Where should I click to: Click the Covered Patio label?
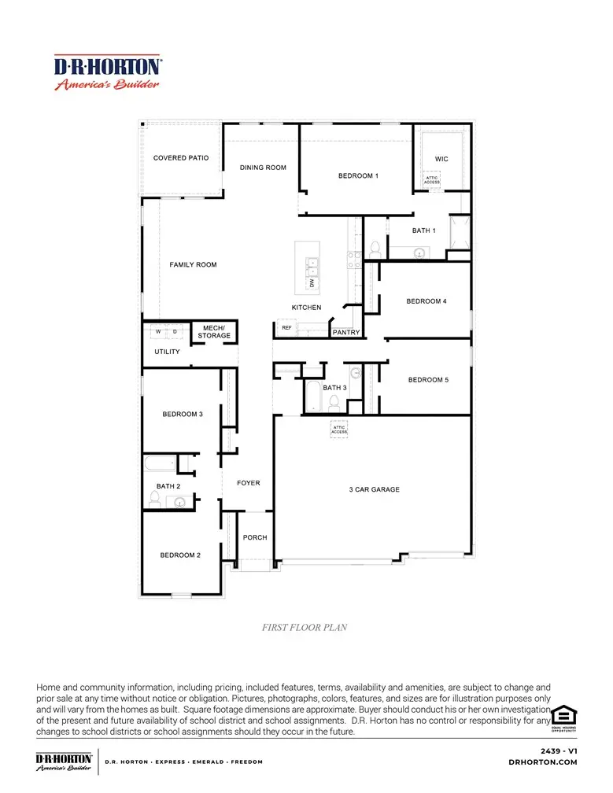click(x=181, y=158)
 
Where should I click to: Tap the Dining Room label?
click(x=263, y=168)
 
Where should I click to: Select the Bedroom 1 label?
click(x=358, y=176)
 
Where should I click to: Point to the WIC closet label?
click(x=441, y=159)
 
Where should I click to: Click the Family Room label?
click(x=193, y=265)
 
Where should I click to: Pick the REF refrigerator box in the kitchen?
click(x=286, y=327)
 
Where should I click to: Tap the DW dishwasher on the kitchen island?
click(x=312, y=282)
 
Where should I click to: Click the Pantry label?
click(x=346, y=333)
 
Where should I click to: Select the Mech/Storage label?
click(x=214, y=332)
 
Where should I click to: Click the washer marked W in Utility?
click(x=158, y=332)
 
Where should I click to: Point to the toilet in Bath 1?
click(x=375, y=249)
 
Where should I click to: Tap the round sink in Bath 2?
click(x=180, y=502)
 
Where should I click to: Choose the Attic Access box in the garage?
click(x=338, y=429)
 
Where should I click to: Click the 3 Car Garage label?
click(x=375, y=490)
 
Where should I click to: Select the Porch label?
click(x=255, y=538)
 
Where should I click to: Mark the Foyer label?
click(x=249, y=483)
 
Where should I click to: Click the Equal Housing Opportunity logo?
click(x=563, y=717)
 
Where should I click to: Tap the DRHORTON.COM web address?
click(x=543, y=762)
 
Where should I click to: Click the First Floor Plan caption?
click(x=304, y=628)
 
